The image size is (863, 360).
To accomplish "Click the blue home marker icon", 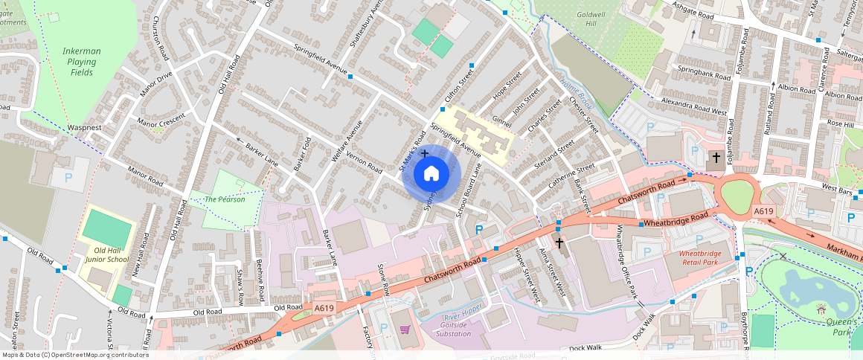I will click(431, 174).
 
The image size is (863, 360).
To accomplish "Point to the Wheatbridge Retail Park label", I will click(699, 257).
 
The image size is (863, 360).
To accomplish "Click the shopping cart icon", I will click(405, 330).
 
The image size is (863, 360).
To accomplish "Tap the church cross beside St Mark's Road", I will click(425, 153).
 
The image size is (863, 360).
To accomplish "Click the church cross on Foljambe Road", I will click(716, 157).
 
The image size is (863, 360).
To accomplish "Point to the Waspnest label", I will click(84, 128).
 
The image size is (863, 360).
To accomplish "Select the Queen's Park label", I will click(844, 327).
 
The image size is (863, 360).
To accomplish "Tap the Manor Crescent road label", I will click(161, 120).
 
